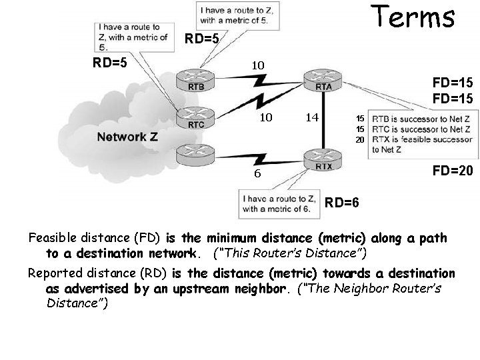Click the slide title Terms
pyautogui.click(x=413, y=17)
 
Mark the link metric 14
pyautogui.click(x=311, y=117)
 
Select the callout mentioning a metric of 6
pyautogui.click(x=280, y=204)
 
